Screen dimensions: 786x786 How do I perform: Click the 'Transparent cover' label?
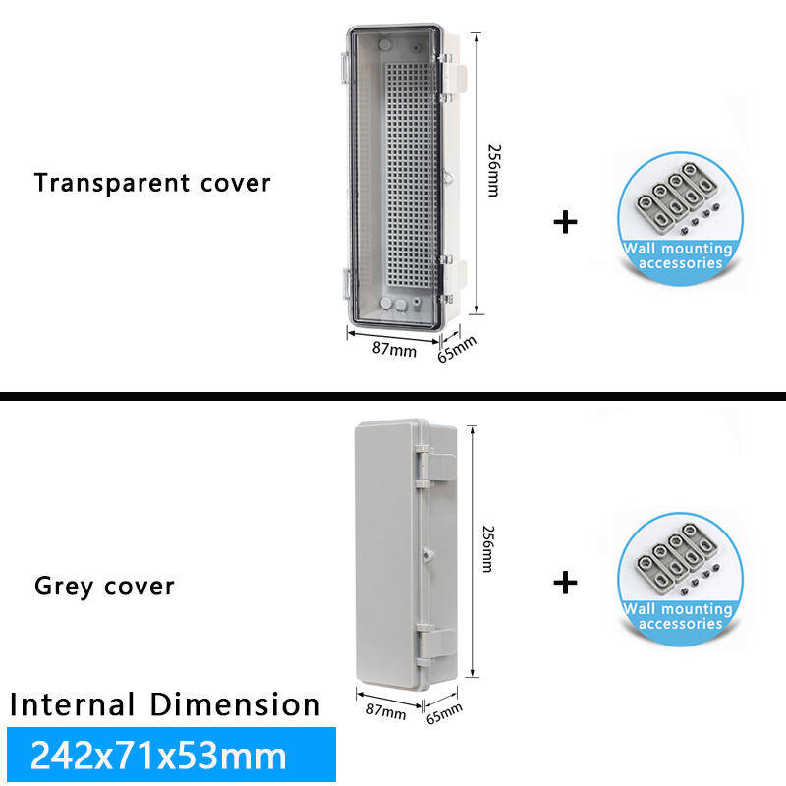pyautogui.click(x=152, y=183)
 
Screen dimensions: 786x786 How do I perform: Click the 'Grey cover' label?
pyautogui.click(x=104, y=587)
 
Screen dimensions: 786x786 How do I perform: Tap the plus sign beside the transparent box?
pyautogui.click(x=565, y=222)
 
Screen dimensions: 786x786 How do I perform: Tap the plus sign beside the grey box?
pyautogui.click(x=565, y=583)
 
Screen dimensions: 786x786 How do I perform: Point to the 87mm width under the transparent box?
pyautogui.click(x=393, y=349)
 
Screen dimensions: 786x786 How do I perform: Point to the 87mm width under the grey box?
pyautogui.click(x=385, y=710)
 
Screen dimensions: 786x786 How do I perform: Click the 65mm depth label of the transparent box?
pyautogui.click(x=456, y=349)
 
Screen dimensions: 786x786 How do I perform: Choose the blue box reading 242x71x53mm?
pyautogui.click(x=171, y=755)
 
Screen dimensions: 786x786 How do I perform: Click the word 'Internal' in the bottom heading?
pyautogui.click(x=73, y=704)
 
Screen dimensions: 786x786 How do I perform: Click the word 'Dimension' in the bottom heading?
pyautogui.click(x=236, y=704)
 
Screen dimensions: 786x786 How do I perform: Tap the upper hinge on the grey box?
pyautogui.click(x=435, y=468)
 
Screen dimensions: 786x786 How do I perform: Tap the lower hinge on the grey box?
pyautogui.click(x=435, y=644)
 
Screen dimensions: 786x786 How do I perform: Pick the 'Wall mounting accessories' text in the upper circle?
pyautogui.click(x=679, y=255)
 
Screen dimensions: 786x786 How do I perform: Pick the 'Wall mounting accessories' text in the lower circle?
pyautogui.click(x=679, y=616)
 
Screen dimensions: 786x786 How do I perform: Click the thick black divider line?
pyautogui.click(x=393, y=397)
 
